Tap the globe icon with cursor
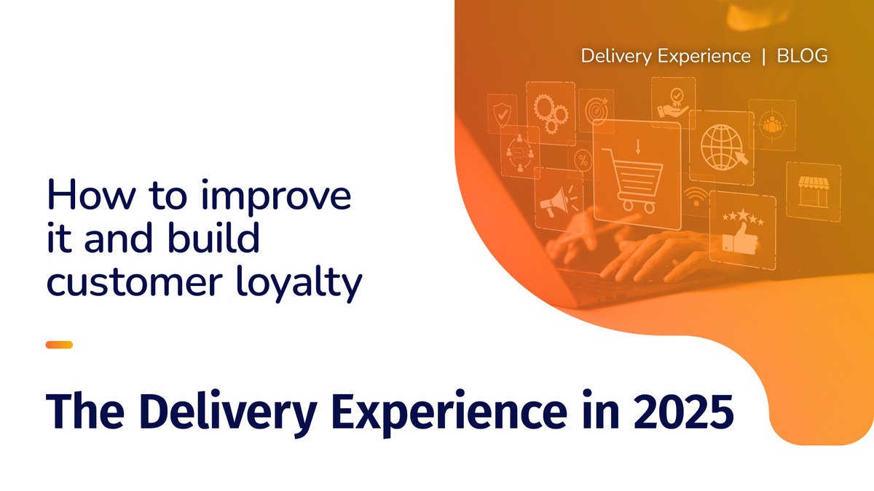722,145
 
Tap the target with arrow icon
596,110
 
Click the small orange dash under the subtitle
59,345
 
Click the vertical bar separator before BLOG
763,56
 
